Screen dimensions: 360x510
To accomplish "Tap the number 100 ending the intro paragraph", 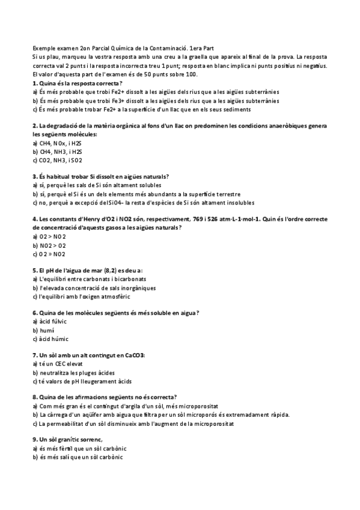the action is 192,74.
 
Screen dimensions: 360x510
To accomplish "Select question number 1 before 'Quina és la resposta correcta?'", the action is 34,82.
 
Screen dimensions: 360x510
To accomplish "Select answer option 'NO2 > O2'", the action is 52,245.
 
